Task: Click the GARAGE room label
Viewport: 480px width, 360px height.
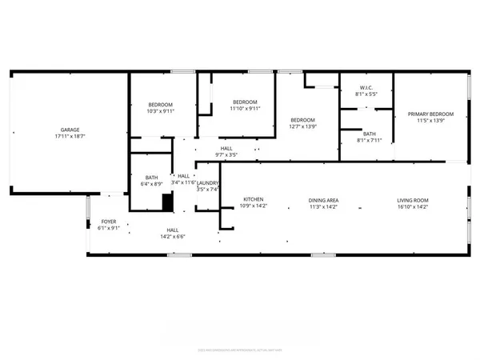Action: pos(70,130)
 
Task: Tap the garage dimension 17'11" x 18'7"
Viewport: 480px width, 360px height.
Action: pos(70,137)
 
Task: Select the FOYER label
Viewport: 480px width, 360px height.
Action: pos(108,221)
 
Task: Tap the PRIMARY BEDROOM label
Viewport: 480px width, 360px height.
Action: pos(430,114)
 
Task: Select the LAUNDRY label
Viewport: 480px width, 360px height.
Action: pos(208,182)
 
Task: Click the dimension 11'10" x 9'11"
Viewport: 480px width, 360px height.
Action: pos(245,109)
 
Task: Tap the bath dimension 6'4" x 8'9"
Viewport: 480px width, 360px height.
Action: pos(152,185)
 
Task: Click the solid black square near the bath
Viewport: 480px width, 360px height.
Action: pos(167,203)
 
